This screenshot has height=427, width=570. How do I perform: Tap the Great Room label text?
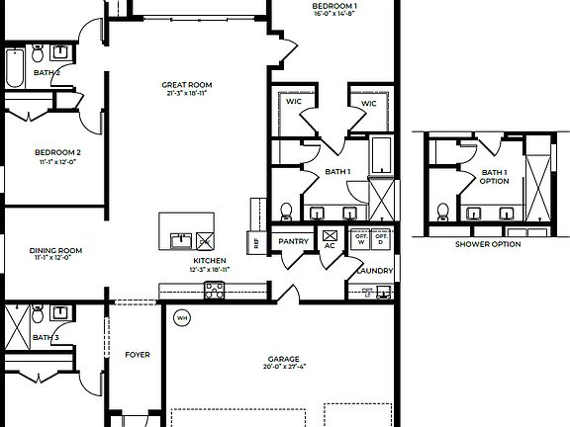[x=187, y=85]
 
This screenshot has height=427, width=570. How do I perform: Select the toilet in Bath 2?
[x=36, y=51]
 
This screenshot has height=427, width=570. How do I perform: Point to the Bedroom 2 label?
[x=57, y=152]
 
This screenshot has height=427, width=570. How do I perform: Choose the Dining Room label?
[x=57, y=251]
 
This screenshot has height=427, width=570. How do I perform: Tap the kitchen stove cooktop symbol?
[x=215, y=290]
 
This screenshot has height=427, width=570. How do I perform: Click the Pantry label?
[x=294, y=241]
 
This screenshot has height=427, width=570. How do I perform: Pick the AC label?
[x=330, y=246]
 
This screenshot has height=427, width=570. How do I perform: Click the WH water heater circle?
[x=182, y=318]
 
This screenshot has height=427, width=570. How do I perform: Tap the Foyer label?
[x=137, y=355]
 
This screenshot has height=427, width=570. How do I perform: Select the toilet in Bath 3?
[x=37, y=316]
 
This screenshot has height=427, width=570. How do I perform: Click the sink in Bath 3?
[x=59, y=312]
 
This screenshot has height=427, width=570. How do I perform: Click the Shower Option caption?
[x=487, y=244]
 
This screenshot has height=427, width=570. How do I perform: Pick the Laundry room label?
[x=377, y=271]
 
